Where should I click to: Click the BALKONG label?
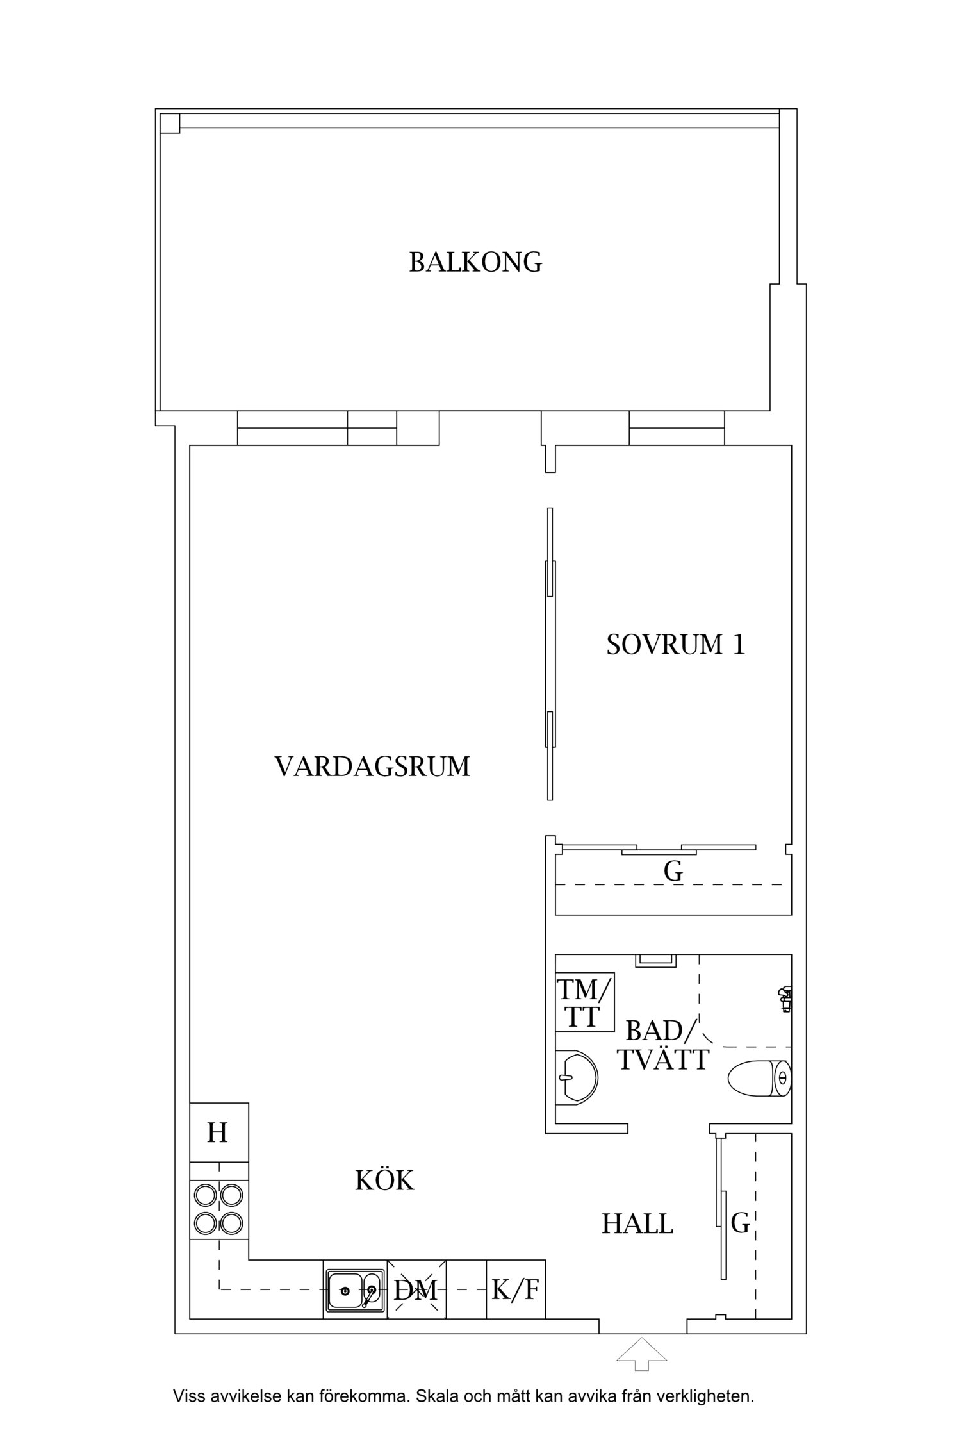click(x=475, y=262)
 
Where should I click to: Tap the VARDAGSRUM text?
click(x=372, y=767)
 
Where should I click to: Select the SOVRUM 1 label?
click(x=676, y=645)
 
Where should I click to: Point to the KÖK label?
click(x=384, y=1181)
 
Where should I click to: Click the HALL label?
click(x=637, y=1224)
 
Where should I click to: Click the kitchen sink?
click(x=354, y=1289)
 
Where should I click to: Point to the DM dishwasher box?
click(x=416, y=1289)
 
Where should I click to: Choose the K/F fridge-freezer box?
click(x=515, y=1289)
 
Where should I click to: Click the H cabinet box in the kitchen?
click(x=218, y=1133)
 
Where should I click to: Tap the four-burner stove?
click(x=218, y=1209)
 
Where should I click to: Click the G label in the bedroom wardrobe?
click(x=673, y=872)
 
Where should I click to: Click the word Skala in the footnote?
click(x=436, y=1409)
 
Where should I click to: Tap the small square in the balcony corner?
click(x=170, y=122)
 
